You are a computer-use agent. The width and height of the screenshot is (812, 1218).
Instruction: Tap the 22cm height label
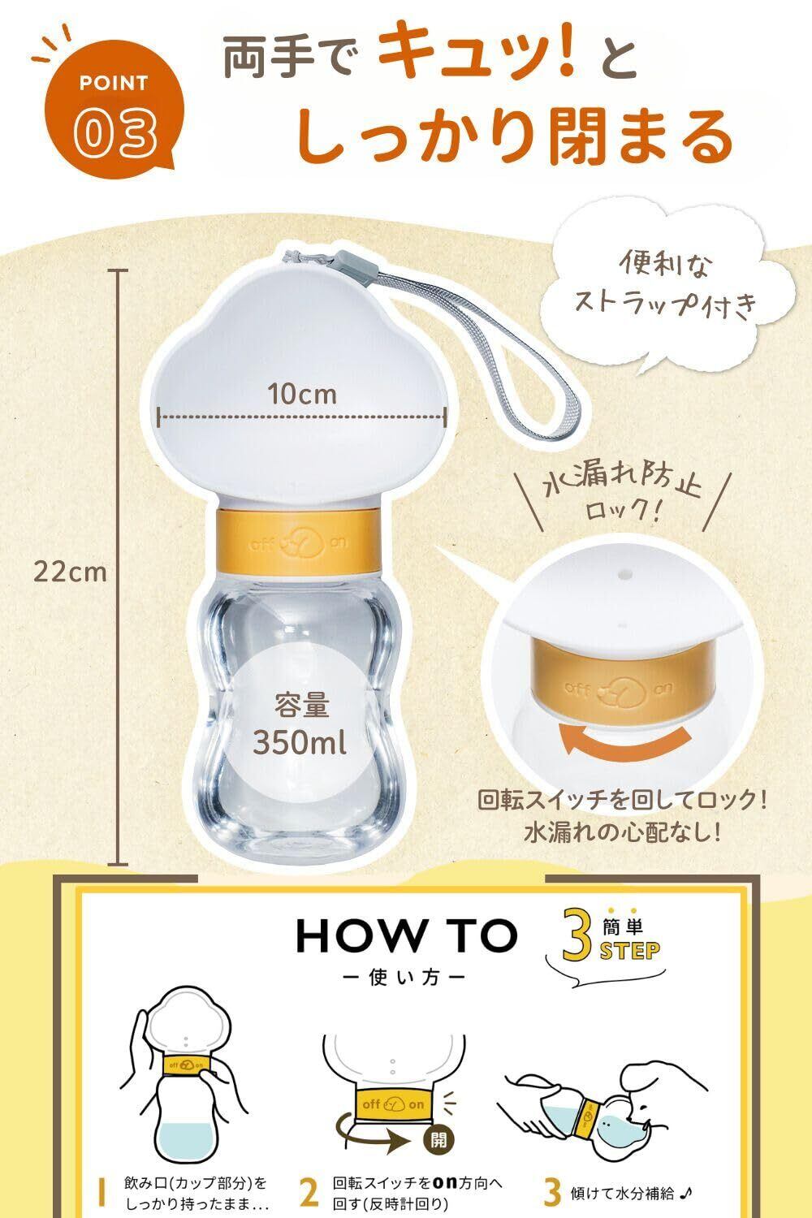point(70,572)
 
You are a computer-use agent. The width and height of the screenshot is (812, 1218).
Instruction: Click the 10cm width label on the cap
point(302,394)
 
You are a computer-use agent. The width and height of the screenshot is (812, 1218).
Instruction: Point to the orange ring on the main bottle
point(300,541)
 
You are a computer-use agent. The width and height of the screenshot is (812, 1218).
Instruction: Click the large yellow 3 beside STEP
point(577,933)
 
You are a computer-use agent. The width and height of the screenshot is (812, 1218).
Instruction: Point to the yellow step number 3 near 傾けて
point(552,1193)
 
